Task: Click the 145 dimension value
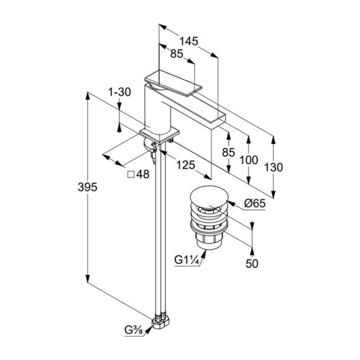point(189,41)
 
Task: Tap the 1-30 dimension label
point(119,92)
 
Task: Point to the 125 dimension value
point(185,165)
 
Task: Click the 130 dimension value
point(274,167)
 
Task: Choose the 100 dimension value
point(248,160)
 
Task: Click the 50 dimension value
point(252,264)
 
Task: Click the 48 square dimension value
point(143,175)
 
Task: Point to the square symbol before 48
point(131,175)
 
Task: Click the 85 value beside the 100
point(229,153)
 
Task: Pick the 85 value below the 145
point(176,54)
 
